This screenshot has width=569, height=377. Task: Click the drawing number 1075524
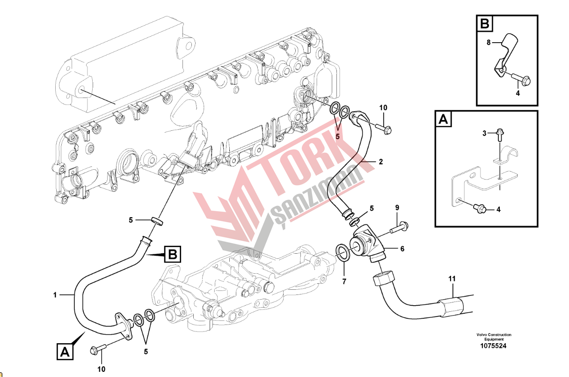(493, 346)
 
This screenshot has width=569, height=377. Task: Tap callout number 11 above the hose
(452, 279)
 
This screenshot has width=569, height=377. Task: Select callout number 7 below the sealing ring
(344, 281)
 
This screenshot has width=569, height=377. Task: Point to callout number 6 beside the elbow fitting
(402, 249)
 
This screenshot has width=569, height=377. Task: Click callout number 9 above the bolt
(397, 208)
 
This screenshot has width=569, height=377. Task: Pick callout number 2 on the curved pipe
(380, 162)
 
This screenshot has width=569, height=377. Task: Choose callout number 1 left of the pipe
(55, 295)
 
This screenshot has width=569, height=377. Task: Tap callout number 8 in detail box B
(489, 43)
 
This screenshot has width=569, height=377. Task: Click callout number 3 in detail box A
(484, 133)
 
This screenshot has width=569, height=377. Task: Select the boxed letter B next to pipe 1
(173, 254)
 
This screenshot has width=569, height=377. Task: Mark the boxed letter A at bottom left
(65, 352)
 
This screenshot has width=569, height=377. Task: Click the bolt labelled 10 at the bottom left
(98, 349)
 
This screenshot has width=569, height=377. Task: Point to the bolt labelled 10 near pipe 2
(383, 128)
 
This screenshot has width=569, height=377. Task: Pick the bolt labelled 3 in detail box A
(500, 135)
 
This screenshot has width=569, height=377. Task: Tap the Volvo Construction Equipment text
(494, 337)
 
